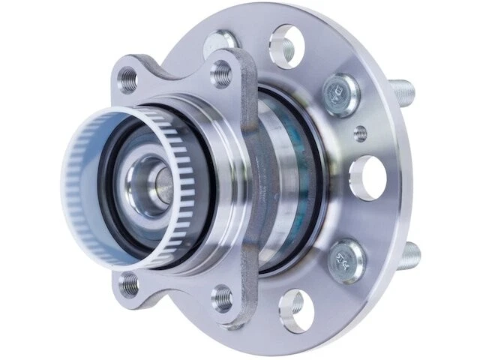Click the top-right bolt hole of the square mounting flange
pos(221,73)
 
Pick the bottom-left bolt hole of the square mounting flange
pos(130,283)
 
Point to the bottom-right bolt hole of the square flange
pos(222,298)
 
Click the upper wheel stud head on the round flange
pos(336,94)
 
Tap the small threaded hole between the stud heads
pos(361,133)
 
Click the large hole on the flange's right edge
pos(367,178)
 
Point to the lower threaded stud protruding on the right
pos(408,258)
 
